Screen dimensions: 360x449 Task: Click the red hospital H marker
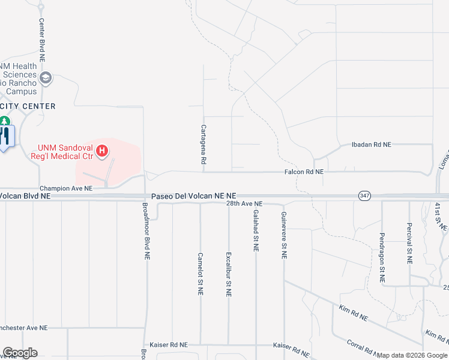pyautogui.click(x=102, y=150)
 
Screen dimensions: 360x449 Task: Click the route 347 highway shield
pyautogui.click(x=364, y=196)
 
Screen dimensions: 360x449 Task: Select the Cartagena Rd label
pyautogui.click(x=203, y=145)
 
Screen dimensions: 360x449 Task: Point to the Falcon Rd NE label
pyautogui.click(x=304, y=172)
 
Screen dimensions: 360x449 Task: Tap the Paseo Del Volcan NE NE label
pyautogui.click(x=194, y=196)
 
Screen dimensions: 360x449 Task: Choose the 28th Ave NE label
pyautogui.click(x=245, y=204)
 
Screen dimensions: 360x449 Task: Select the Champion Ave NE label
pyautogui.click(x=66, y=188)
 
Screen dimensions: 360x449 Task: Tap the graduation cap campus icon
pyautogui.click(x=46, y=78)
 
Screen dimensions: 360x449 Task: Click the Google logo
pyautogui.click(x=20, y=353)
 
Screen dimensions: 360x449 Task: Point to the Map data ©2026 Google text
pyautogui.click(x=412, y=355)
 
